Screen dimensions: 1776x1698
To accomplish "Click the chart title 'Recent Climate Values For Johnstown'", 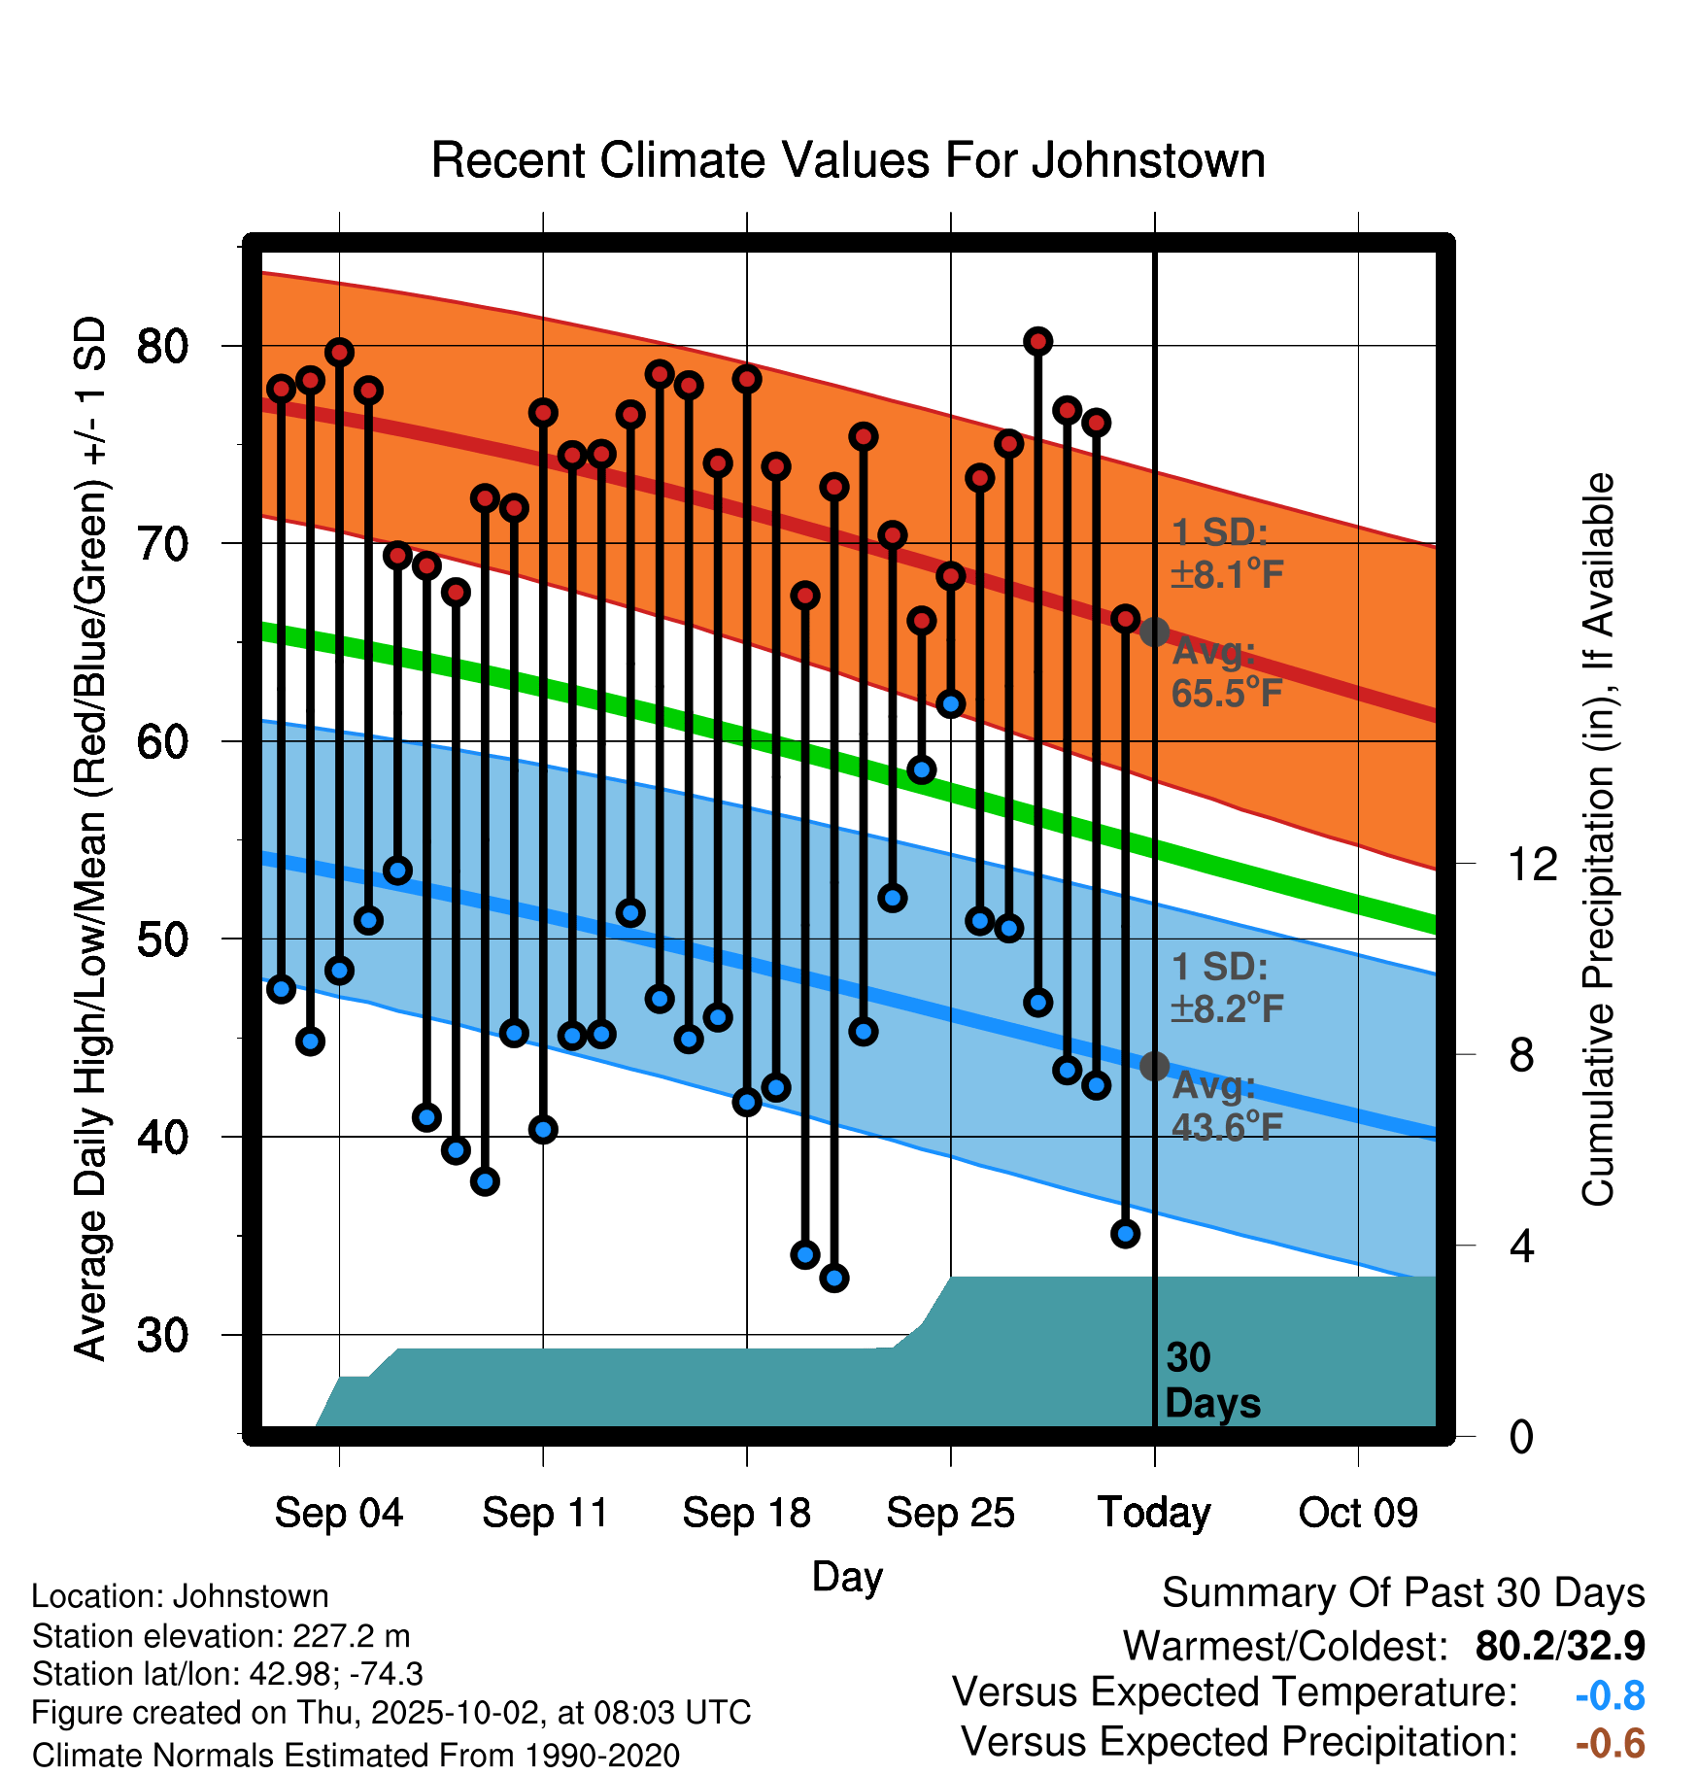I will [848, 160].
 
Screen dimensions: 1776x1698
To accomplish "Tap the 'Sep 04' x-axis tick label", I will [338, 1513].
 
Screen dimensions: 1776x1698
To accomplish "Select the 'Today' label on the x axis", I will [1154, 1513].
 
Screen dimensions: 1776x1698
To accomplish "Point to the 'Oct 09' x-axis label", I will [1358, 1513].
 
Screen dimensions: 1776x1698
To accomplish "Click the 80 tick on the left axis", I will [162, 346].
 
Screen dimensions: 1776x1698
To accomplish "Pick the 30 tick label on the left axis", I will [162, 1335].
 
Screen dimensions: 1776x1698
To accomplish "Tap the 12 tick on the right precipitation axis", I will [1532, 864].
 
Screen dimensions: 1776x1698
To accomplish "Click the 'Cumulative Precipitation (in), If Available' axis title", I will [1598, 839].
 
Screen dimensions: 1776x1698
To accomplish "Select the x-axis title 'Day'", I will [847, 1576].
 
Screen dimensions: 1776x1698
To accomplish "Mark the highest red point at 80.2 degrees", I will [1038, 341].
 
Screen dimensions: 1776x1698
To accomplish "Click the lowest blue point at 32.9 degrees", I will [834, 1278].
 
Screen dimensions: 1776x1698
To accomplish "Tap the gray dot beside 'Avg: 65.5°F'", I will [1154, 632].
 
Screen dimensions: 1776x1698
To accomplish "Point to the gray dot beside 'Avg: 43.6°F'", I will [1154, 1066].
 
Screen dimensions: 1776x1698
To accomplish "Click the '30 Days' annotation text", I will [1212, 1381].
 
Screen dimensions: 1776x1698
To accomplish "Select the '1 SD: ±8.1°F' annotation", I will [1227, 554].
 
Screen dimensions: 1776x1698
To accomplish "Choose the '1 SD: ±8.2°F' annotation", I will [1227, 988].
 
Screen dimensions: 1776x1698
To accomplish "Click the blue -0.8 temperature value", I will [1610, 1695].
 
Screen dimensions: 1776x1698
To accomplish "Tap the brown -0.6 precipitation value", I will [1610, 1743].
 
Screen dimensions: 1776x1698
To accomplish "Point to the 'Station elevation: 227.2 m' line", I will [221, 1636].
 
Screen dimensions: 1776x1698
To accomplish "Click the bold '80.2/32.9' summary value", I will [1560, 1646].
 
